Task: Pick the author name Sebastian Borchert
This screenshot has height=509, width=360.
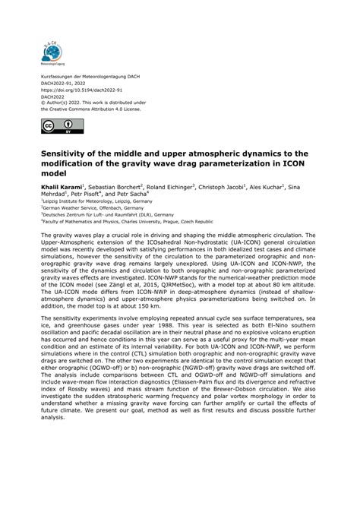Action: (x=122, y=187)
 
